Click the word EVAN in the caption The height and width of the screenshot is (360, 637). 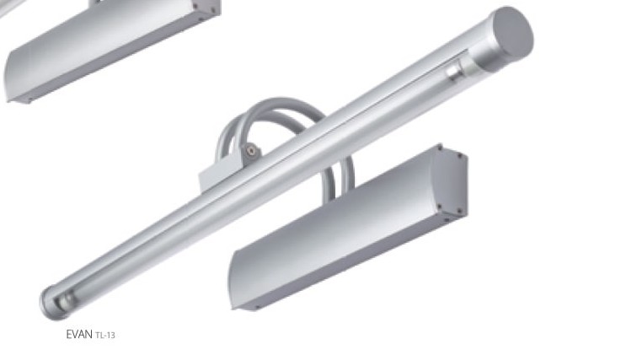pyautogui.click(x=79, y=335)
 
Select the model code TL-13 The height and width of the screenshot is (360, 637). pyautogui.click(x=105, y=336)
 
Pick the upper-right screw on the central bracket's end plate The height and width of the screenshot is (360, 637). pyautogui.click(x=460, y=155)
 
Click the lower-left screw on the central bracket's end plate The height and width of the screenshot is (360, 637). pyautogui.click(x=440, y=206)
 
